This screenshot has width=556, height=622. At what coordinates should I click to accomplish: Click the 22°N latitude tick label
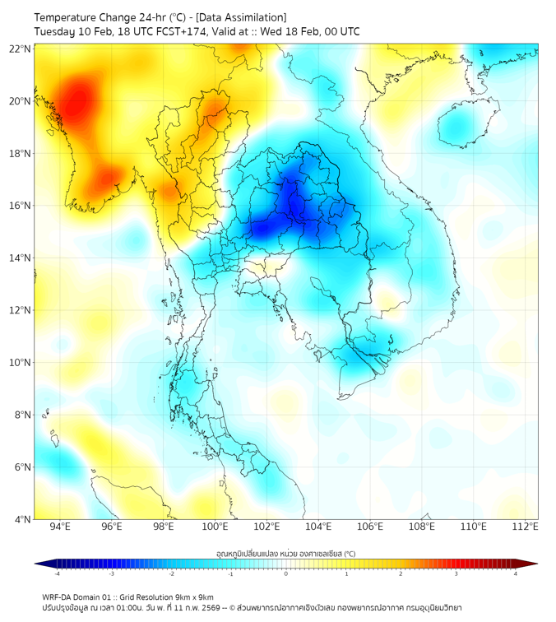[21, 49]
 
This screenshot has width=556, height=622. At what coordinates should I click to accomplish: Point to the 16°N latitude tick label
[21, 206]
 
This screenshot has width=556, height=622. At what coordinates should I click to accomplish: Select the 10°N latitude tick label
[21, 363]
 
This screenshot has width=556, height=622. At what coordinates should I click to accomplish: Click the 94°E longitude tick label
[60, 527]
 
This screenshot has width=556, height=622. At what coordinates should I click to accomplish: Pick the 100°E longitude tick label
[215, 527]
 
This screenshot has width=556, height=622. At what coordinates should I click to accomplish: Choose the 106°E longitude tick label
[370, 527]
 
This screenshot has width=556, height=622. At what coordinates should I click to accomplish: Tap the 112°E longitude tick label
[525, 527]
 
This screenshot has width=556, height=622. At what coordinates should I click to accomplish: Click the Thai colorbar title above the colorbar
[285, 554]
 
